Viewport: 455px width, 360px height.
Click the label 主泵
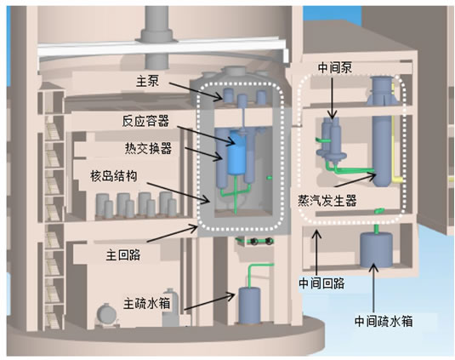point(147,81)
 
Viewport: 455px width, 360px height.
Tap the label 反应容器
point(145,121)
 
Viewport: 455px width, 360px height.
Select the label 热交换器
point(148,148)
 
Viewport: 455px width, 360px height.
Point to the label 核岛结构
point(113,176)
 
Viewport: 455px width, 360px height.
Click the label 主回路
point(123,255)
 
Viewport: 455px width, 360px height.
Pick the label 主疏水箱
point(147,303)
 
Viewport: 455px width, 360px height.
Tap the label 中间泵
point(335,67)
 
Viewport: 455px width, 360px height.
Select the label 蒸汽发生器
point(327,200)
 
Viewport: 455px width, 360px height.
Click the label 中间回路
point(321,283)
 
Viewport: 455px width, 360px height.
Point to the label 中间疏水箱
point(384,322)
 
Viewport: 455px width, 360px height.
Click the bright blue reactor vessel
point(237,153)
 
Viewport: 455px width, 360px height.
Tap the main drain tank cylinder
point(249,306)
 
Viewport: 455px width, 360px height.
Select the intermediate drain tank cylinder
point(377,249)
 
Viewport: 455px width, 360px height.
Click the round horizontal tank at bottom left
point(106,314)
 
